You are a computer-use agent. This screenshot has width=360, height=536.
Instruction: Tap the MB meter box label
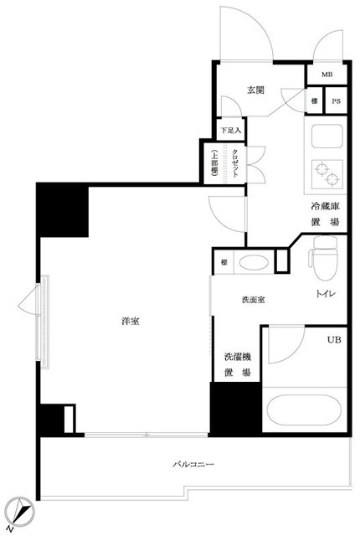327,74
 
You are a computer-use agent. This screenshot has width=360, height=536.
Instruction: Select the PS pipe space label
336,101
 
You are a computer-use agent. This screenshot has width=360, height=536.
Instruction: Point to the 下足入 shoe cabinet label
231,131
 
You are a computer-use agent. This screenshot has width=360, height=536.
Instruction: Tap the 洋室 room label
128,320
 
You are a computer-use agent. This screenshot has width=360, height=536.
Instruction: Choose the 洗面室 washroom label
254,300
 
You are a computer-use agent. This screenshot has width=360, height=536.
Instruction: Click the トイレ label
326,294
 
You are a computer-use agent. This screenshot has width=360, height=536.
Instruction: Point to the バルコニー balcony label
194,462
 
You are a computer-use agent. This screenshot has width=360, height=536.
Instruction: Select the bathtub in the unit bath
304,413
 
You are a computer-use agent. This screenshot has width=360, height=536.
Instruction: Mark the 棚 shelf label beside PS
313,101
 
